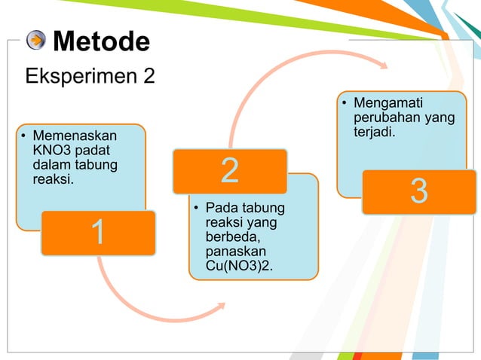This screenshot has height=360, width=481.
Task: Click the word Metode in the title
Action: pos(102,41)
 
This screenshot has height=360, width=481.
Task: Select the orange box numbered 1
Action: pos(98,233)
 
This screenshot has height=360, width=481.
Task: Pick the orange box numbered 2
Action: pos(230,171)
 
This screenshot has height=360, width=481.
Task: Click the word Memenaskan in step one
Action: pos(75,136)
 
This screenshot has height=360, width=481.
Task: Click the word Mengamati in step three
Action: pos(389,103)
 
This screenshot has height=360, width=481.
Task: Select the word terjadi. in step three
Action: pos(375,132)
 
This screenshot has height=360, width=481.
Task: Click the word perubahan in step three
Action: pos(384,117)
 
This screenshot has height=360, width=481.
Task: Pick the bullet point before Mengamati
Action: pos(345,104)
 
